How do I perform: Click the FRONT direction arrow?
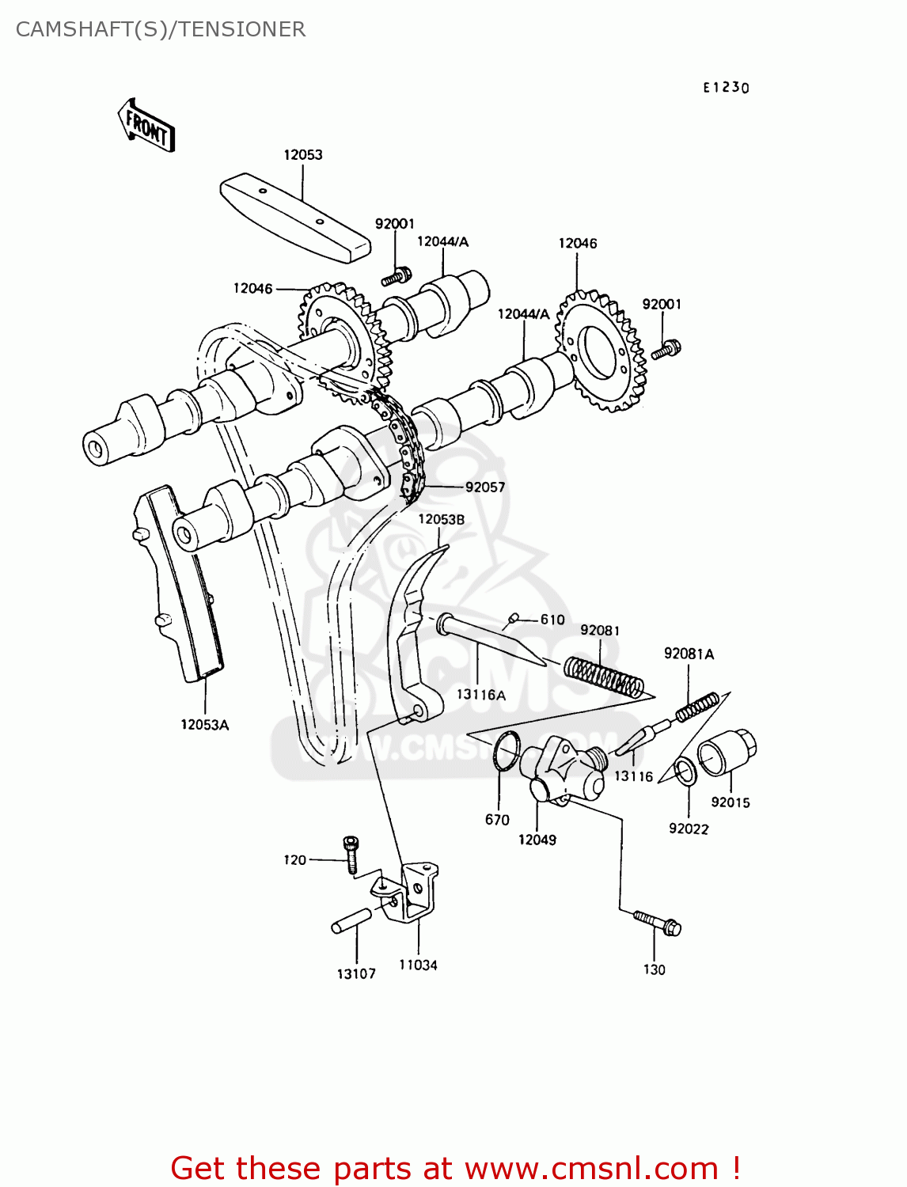point(147,125)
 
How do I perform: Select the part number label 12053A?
point(204,724)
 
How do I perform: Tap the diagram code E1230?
point(726,87)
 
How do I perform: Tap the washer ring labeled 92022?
point(685,772)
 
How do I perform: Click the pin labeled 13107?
point(351,921)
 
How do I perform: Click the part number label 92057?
point(484,487)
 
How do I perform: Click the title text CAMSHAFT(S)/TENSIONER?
point(161,29)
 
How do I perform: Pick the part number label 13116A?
point(480,694)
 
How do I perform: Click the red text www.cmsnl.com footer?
point(455,1168)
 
